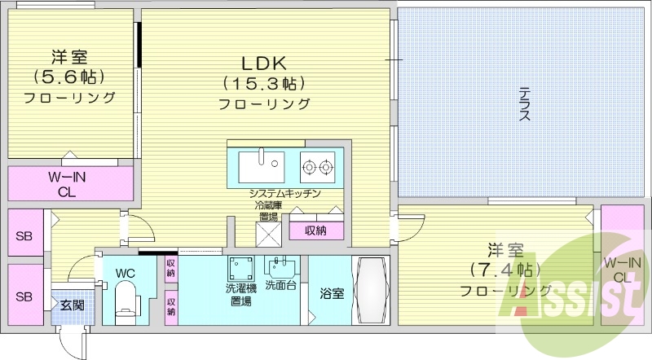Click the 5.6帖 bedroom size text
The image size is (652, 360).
point(69,77)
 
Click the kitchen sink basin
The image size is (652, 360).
point(261,167)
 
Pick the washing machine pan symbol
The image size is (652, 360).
point(240,268)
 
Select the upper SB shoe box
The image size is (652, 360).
point(24,237)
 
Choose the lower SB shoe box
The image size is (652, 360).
point(24,296)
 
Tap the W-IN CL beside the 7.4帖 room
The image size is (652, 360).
point(621,269)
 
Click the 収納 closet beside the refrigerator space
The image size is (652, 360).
point(316,230)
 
